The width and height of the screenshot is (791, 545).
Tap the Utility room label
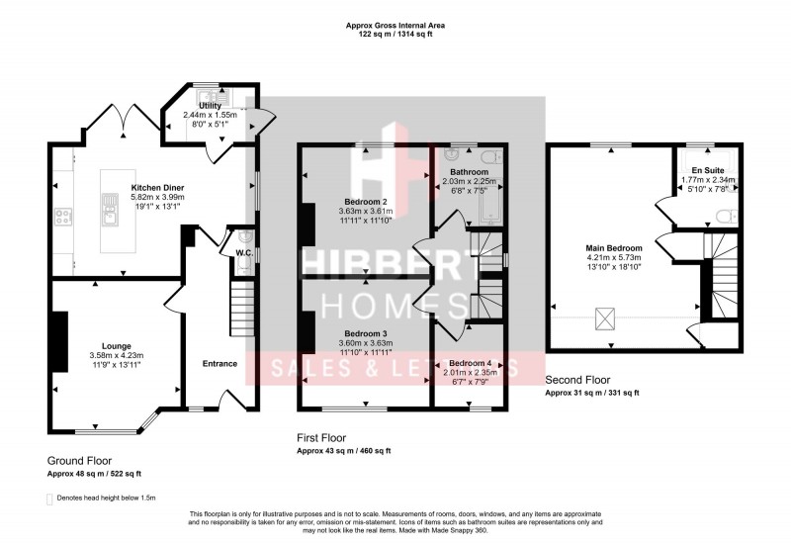pos(210,105)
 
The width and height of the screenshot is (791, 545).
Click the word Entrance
pos(220,364)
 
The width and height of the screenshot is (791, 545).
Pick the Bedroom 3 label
pos(365,333)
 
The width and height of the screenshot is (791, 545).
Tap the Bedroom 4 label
pos(470,363)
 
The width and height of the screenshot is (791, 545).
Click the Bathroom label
pos(468,171)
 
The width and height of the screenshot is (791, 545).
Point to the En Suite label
pos(708,170)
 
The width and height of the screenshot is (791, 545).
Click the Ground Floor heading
pos(79,461)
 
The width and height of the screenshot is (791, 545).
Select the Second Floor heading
pos(578,380)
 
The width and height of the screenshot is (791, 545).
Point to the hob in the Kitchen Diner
pos(62,216)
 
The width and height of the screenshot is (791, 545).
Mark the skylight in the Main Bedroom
pos(600,318)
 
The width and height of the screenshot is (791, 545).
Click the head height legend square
pos(50,499)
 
